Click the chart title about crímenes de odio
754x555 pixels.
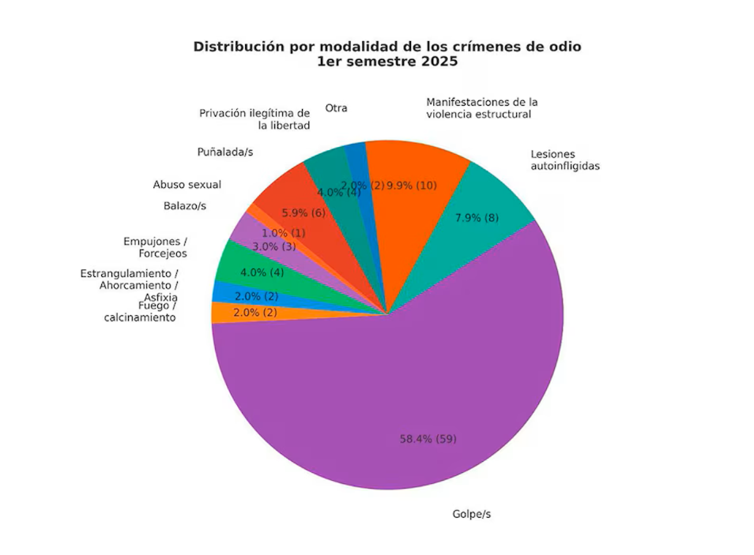387,54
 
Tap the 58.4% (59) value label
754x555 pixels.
428,439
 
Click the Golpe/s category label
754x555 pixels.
472,514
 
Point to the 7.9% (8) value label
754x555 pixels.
477,217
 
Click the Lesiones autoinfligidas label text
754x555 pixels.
565,159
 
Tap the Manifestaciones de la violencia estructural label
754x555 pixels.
481,108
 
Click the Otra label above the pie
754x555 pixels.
336,108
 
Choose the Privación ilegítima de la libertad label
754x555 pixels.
254,118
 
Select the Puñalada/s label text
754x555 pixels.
225,152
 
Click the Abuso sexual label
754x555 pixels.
187,185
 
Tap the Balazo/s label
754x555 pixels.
185,206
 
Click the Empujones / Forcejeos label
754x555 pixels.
156,247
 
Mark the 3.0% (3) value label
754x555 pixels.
273,246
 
